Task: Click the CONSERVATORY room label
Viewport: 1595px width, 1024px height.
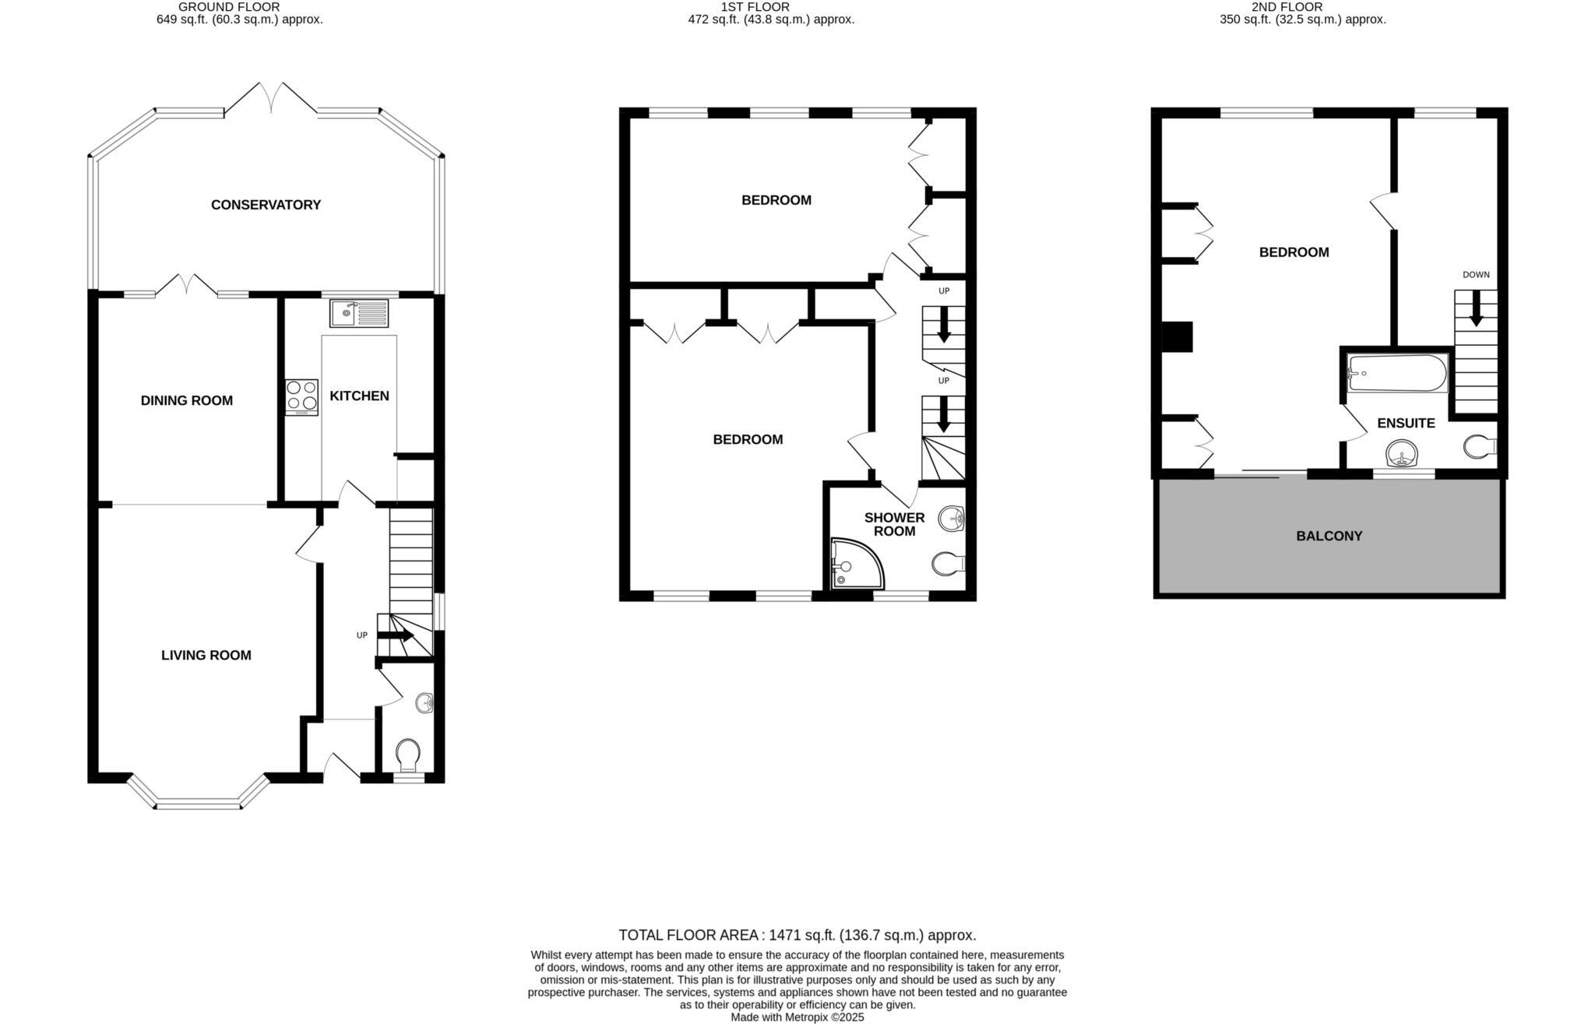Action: (266, 205)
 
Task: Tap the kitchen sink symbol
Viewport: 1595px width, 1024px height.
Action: (359, 313)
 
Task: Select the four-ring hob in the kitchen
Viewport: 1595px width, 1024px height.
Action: (301, 396)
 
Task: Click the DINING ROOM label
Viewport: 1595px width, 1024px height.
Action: (186, 400)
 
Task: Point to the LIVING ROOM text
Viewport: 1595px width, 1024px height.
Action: (206, 655)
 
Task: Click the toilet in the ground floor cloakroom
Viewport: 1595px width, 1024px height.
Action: (407, 754)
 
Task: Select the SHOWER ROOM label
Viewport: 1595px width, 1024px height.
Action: (894, 524)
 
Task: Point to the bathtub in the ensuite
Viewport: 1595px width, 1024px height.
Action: (1397, 373)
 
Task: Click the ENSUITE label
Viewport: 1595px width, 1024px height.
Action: (1406, 423)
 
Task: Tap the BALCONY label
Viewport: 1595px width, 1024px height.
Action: (1329, 536)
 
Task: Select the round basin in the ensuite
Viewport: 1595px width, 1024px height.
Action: (1402, 453)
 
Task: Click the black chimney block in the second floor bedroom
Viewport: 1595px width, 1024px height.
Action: (1177, 337)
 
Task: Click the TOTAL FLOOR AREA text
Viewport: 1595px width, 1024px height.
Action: (797, 935)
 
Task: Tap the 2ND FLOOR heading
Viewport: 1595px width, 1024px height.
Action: (1302, 7)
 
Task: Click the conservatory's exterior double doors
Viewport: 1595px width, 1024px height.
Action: (271, 97)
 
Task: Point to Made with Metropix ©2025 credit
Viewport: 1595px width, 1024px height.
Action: (797, 1017)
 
